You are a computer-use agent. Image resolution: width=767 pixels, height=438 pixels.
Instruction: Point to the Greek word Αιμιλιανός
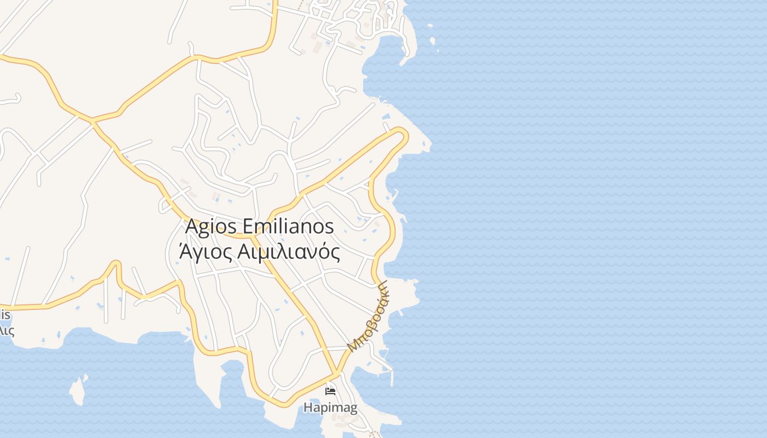tap(289, 252)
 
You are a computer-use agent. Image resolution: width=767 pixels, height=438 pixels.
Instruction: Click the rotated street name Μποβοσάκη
tap(368, 316)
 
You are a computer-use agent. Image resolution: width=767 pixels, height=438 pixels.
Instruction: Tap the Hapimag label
tap(330, 408)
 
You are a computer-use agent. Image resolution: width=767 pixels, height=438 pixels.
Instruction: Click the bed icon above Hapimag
tap(330, 391)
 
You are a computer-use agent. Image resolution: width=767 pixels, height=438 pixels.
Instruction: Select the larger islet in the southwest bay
tap(78, 389)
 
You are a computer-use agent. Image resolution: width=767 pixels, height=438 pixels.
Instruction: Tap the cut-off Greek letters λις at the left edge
tap(7, 330)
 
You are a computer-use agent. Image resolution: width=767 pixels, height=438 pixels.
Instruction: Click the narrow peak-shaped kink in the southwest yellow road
tap(116, 264)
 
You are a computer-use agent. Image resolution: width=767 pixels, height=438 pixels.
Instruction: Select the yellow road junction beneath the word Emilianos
tap(253, 237)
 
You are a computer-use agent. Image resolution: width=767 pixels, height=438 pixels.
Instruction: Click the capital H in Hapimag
tap(307, 408)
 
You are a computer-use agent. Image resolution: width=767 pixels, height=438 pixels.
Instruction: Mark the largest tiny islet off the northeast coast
tap(432, 41)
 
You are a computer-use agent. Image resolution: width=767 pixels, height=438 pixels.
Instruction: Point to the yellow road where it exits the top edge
tap(275, 3)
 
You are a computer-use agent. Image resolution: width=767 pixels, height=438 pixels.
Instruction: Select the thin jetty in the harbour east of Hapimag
tap(392, 376)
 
